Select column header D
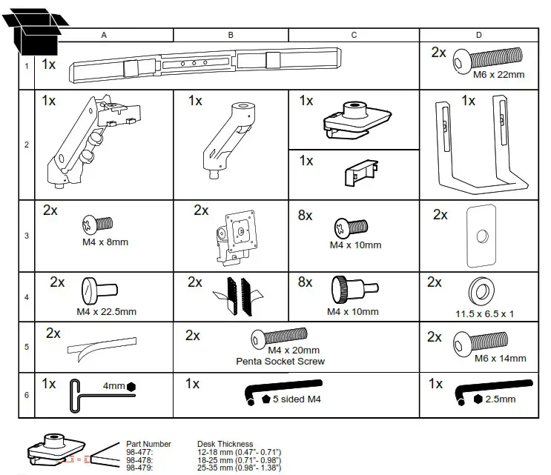(478, 35)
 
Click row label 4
(27, 297)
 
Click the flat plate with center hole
(480, 236)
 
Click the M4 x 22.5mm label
(107, 312)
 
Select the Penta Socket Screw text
(280, 362)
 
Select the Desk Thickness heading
(225, 444)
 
